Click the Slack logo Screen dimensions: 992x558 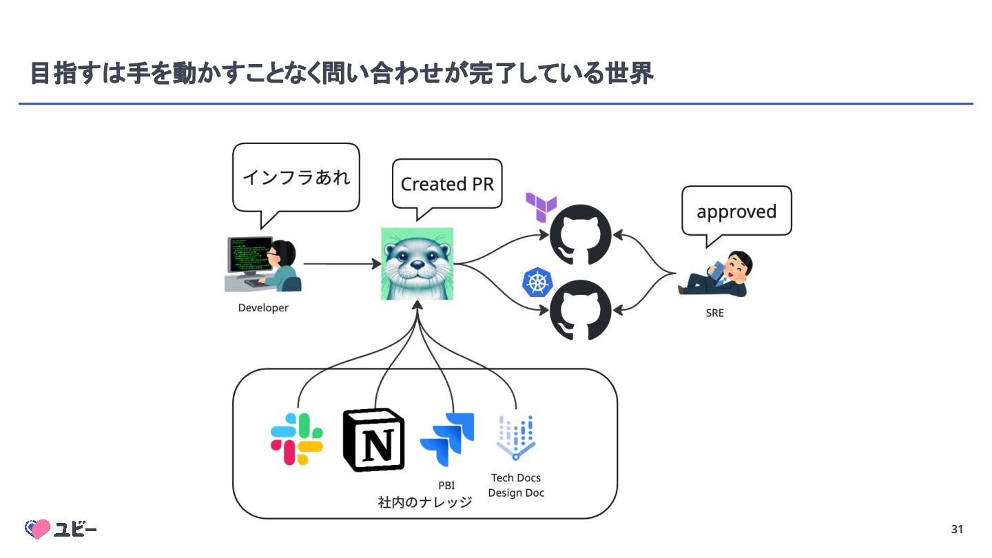pyautogui.click(x=297, y=439)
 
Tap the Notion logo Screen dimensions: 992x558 pyautogui.click(x=374, y=440)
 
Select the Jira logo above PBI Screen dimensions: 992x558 pyautogui.click(x=447, y=440)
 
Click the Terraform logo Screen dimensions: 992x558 pyautogui.click(x=541, y=207)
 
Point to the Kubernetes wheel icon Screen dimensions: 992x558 pyautogui.click(x=537, y=282)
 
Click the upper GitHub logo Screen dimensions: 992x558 pyautogui.click(x=580, y=235)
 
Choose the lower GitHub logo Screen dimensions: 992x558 pyautogui.click(x=580, y=310)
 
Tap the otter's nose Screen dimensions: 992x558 pyautogui.click(x=417, y=265)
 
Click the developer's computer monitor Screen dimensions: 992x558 pyautogui.click(x=250, y=256)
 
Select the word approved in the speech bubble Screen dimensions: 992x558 pyautogui.click(x=736, y=212)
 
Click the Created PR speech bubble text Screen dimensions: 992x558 pyautogui.click(x=447, y=184)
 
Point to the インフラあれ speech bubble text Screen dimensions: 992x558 pyautogui.click(x=296, y=177)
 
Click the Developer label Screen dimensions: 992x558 pyautogui.click(x=263, y=308)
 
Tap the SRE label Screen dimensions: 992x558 pyautogui.click(x=715, y=313)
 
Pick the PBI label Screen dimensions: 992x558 pyautogui.click(x=446, y=486)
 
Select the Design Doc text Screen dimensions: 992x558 pyautogui.click(x=516, y=493)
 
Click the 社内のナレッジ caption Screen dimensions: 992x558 pyautogui.click(x=424, y=502)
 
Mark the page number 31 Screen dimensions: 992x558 pyautogui.click(x=957, y=529)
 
